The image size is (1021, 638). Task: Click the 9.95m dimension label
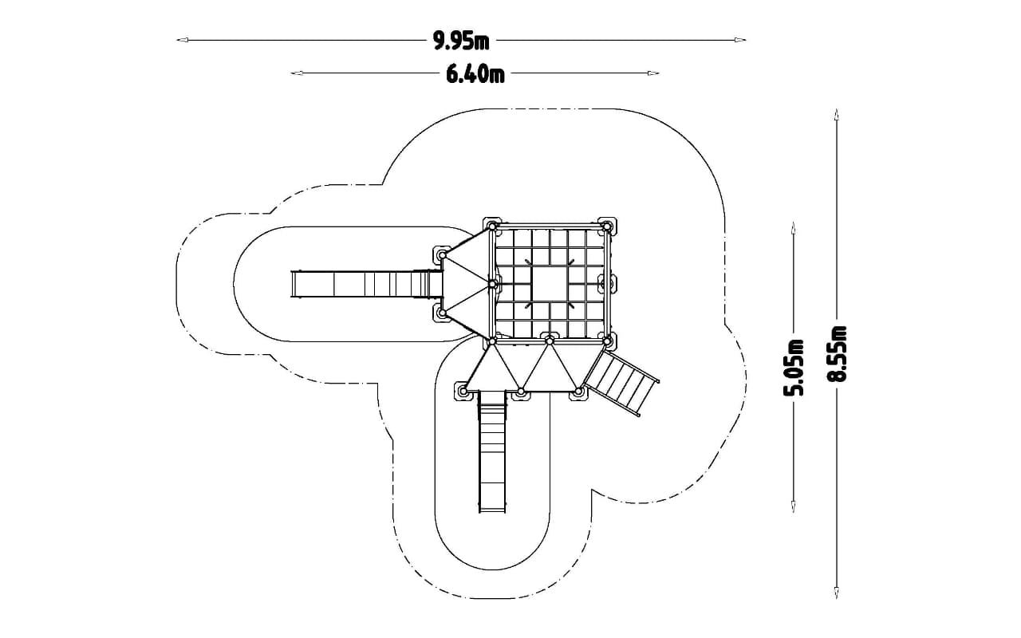click(x=461, y=41)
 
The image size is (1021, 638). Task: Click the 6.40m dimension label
click(x=475, y=74)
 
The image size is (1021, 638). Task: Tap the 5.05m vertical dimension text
click(x=794, y=368)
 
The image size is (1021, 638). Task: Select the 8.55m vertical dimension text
click(x=837, y=353)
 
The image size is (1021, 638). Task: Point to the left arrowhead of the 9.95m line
click(x=182, y=40)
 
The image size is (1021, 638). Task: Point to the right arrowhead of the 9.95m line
click(x=740, y=40)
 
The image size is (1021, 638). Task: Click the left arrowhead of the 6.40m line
click(x=297, y=73)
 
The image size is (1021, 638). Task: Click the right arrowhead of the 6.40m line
click(x=653, y=73)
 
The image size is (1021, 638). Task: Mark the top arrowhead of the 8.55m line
click(x=837, y=114)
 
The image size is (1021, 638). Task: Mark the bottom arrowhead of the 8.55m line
click(x=837, y=592)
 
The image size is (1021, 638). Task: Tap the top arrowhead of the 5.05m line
click(x=794, y=228)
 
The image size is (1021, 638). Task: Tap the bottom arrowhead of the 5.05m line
click(x=794, y=506)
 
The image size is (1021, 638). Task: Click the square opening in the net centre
click(x=550, y=284)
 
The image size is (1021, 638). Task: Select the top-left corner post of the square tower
click(x=492, y=226)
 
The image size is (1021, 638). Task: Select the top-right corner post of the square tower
click(x=607, y=226)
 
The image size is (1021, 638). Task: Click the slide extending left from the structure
click(x=367, y=285)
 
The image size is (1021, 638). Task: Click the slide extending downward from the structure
click(x=492, y=451)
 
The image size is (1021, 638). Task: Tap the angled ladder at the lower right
click(x=621, y=382)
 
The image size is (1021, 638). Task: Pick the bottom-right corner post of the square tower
click(x=607, y=341)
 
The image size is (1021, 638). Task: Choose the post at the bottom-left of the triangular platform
click(x=463, y=391)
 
